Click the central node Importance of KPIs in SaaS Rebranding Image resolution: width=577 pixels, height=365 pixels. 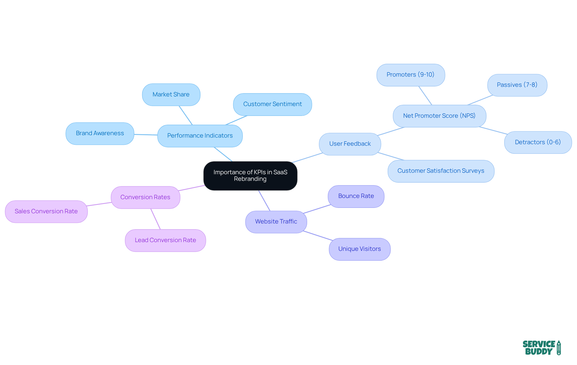click(250, 176)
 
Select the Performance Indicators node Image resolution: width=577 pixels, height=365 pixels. click(200, 136)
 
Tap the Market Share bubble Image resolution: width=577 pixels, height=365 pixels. click(171, 95)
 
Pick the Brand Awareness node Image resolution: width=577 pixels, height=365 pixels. click(100, 133)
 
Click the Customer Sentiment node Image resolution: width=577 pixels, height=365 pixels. click(272, 104)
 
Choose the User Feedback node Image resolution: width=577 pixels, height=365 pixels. click(350, 144)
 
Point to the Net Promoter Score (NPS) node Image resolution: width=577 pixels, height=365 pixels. click(439, 116)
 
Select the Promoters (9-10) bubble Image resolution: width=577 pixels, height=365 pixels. click(411, 75)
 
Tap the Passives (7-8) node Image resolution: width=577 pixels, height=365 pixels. click(517, 85)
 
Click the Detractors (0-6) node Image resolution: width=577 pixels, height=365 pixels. click(538, 142)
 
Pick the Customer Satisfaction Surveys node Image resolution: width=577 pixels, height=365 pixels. click(441, 171)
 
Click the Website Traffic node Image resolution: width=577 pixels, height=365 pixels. click(276, 222)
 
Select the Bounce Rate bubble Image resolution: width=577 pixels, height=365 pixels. click(356, 196)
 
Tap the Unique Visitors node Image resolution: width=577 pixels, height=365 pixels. click(359, 249)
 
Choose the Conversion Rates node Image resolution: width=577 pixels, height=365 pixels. click(145, 197)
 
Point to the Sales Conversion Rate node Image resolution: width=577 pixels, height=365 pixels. click(46, 211)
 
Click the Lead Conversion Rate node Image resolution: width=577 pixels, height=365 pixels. click(165, 240)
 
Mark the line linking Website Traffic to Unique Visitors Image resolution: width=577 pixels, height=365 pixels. click(318, 236)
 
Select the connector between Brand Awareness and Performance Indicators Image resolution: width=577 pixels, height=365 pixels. click(146, 135)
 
